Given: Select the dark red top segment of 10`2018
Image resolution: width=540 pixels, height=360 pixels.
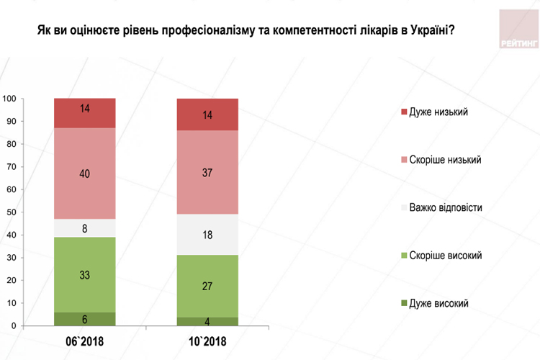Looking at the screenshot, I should click(x=207, y=114).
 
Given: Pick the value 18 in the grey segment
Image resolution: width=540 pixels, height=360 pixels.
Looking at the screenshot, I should click(x=207, y=234).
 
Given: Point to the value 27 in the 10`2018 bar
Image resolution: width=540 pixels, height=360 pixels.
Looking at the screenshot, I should click(x=207, y=286).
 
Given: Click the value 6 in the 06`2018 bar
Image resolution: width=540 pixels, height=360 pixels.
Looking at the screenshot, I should click(x=85, y=320).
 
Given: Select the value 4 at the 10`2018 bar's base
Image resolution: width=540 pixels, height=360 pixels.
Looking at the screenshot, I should click(x=207, y=322).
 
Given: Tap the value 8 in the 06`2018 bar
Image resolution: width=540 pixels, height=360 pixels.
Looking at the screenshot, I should click(x=85, y=228).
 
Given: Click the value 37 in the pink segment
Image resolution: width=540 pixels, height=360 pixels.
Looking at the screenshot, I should click(x=207, y=173).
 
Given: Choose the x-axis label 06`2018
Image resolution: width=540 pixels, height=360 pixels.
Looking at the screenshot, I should click(x=85, y=341).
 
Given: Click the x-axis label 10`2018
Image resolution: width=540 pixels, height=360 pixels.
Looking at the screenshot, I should click(x=207, y=341).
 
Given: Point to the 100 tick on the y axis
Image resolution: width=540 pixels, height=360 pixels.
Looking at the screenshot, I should click(x=10, y=99).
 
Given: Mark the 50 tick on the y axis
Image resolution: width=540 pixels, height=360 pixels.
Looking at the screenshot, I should click(x=12, y=212).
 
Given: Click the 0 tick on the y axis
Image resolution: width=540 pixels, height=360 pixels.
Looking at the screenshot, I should click(x=14, y=326).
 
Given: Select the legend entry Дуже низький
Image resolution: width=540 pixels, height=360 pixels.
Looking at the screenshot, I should click(x=438, y=112).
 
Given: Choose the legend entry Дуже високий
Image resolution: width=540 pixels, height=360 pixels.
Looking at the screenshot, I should click(x=438, y=302).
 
